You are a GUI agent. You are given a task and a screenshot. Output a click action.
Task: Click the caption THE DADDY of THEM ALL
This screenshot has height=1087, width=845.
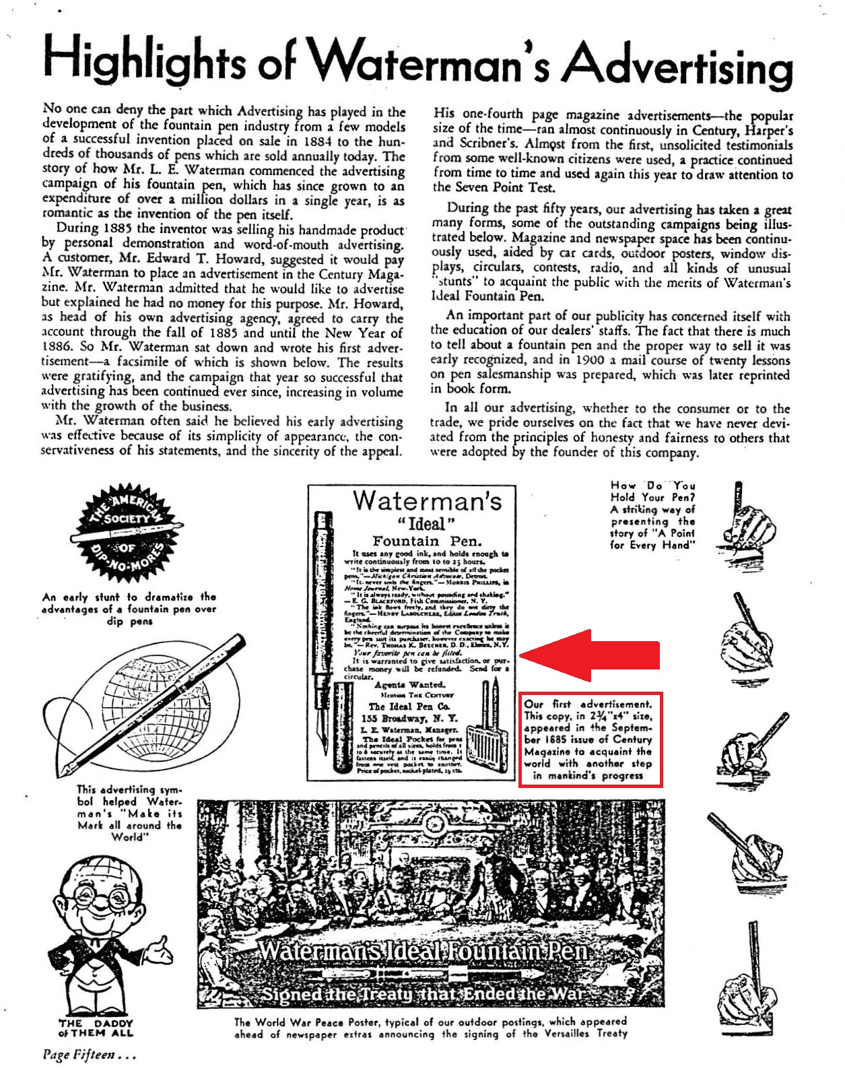click(96, 1028)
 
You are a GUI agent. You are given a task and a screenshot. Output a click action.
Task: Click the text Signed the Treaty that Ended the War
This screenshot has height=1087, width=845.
click(423, 993)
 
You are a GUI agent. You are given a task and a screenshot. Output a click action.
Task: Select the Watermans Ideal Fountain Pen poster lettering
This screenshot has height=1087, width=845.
click(424, 952)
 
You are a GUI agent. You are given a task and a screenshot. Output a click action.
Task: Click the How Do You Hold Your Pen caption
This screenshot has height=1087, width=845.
click(652, 515)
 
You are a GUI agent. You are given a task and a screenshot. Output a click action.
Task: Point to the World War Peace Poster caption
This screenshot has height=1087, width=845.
click(430, 1027)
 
